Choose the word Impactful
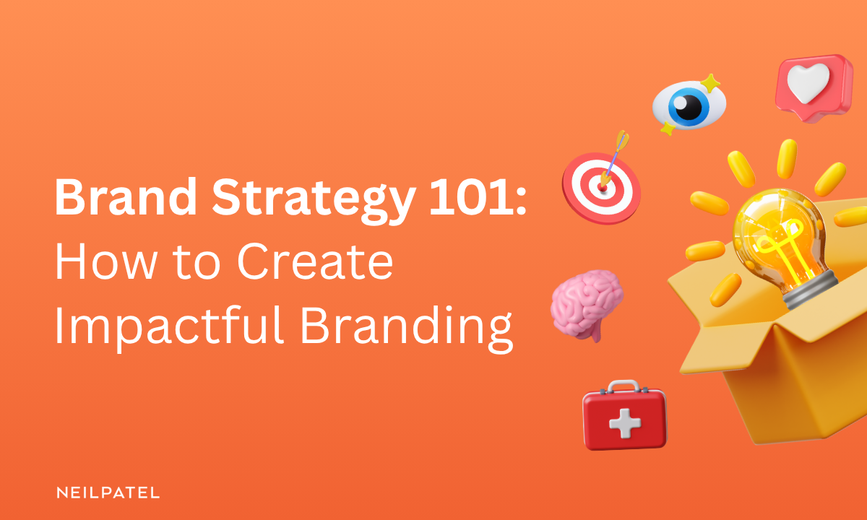click(x=167, y=327)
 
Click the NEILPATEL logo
click(x=108, y=493)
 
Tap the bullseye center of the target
click(x=600, y=186)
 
